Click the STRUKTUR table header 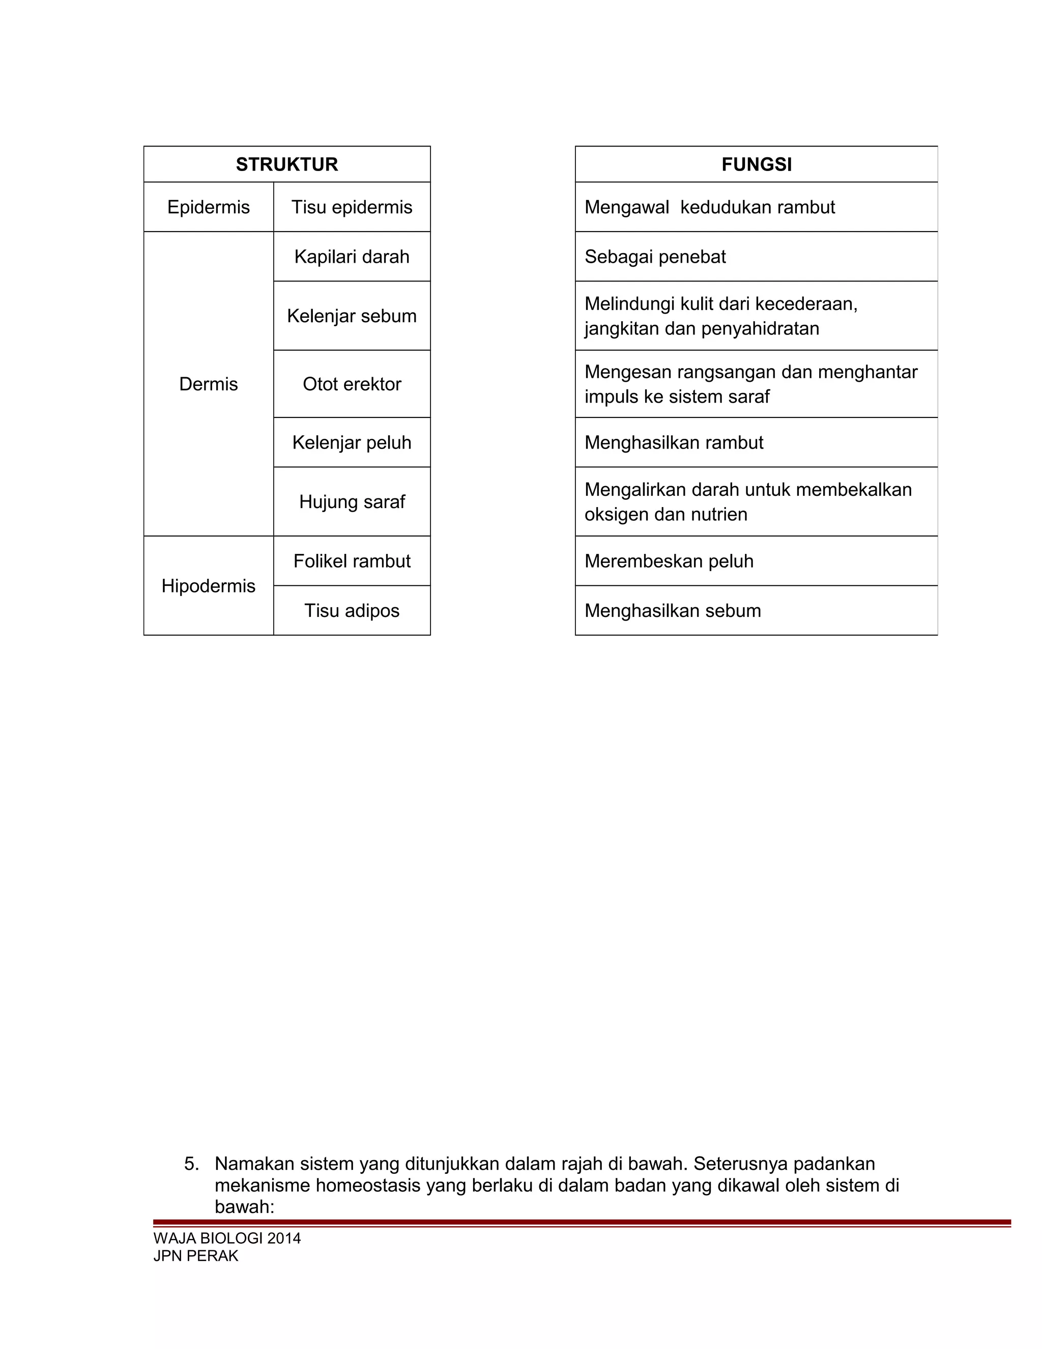pos(286,164)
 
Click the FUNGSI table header pos(756,164)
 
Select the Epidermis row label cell pos(209,207)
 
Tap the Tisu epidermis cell pos(352,207)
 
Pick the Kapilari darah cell pos(352,257)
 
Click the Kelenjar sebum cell pos(352,316)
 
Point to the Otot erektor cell pos(352,384)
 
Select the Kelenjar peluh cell pos(352,442)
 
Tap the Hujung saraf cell pos(352,501)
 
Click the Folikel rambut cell pos(352,561)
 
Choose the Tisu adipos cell pos(352,610)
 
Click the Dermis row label pos(209,384)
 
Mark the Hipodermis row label pos(209,585)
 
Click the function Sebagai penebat pos(655,257)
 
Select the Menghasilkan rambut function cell pos(674,442)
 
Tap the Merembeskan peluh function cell pos(669,561)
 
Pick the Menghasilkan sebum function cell pos(672,610)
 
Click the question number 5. pos(191,1164)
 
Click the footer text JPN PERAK pos(196,1256)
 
